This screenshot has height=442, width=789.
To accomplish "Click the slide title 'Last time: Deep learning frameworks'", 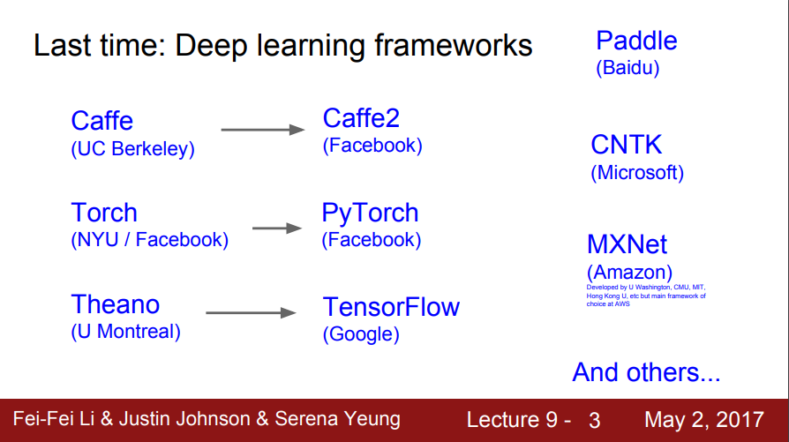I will (282, 45).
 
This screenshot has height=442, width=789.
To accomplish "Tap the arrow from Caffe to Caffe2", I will (262, 130).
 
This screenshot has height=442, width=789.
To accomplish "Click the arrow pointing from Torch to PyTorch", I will (277, 228).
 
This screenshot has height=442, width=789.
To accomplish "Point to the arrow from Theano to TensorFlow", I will (250, 313).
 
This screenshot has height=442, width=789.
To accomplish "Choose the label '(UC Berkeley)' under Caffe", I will (132, 149).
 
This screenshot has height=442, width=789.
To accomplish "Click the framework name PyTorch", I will (370, 213).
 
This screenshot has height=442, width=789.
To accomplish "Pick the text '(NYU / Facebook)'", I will (149, 239).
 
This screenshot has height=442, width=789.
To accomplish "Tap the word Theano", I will (116, 305).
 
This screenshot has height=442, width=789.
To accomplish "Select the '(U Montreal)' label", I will (125, 332).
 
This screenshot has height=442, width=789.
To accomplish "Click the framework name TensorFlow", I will (391, 307).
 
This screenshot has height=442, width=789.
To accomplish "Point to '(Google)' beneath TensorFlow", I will (361, 334).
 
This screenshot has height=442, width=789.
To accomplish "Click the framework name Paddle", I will (636, 41).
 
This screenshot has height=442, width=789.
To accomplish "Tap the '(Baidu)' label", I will (627, 67).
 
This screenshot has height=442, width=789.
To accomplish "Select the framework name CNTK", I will (626, 145).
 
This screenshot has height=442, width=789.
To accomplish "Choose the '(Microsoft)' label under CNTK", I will (637, 172).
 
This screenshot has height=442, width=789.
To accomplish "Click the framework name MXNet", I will (627, 244).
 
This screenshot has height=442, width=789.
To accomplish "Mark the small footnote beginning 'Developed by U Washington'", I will (646, 296).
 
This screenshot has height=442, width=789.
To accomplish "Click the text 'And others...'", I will (646, 371).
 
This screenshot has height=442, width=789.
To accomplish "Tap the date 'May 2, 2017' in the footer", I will (704, 419).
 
